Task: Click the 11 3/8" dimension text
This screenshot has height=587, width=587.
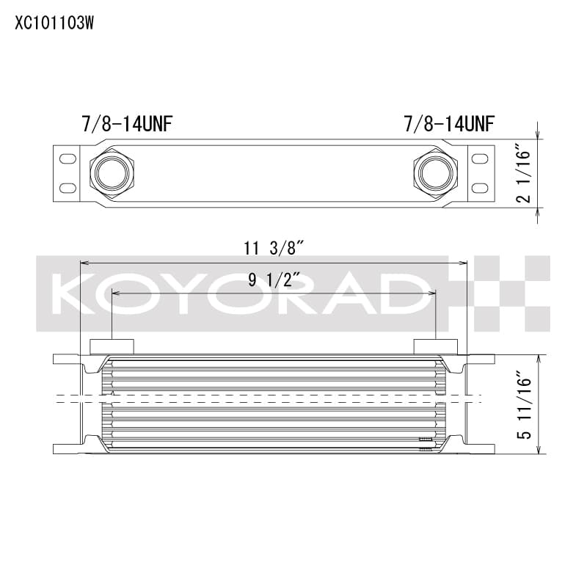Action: pos(274,249)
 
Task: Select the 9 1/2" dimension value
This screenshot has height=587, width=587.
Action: pos(274,280)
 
